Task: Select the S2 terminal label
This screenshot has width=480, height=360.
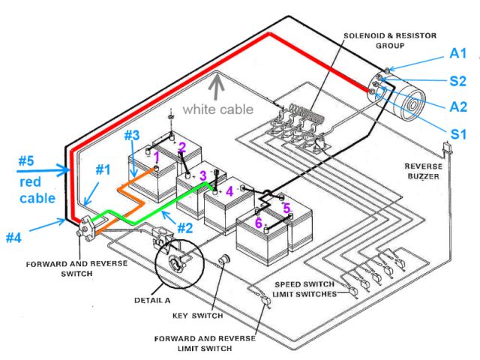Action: (458, 79)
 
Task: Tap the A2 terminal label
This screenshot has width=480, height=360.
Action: (459, 106)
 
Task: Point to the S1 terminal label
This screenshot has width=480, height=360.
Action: (458, 135)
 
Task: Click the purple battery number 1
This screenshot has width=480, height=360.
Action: (157, 158)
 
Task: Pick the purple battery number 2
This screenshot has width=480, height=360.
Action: (181, 148)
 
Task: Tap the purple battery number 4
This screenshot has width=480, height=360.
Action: (230, 190)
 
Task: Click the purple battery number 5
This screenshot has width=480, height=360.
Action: (286, 208)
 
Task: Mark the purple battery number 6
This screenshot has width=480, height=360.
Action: (258, 223)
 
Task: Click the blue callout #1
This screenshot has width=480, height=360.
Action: (101, 169)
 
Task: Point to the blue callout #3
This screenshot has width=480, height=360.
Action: (131, 136)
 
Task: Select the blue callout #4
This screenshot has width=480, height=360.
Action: (13, 237)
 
